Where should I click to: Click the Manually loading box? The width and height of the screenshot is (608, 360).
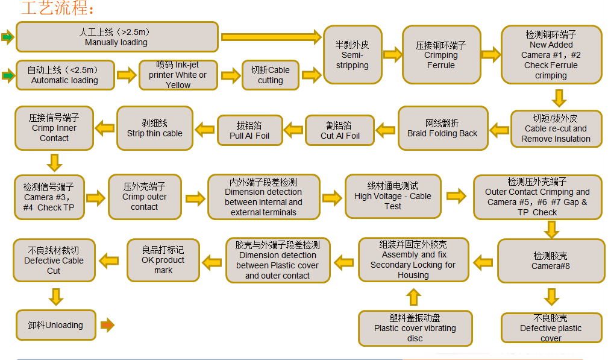pos(117,37)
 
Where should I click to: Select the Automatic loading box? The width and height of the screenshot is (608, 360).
pos(64,75)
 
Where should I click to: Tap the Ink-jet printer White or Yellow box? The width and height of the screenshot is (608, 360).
pos(178,75)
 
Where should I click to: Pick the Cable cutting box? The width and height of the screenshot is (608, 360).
pos(270,75)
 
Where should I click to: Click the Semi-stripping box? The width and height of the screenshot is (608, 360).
pos(352,55)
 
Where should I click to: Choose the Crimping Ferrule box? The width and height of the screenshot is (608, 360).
pos(440,55)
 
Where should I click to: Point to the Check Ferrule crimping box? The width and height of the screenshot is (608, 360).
pos(551,55)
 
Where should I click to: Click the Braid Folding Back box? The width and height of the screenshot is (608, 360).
pos(442,128)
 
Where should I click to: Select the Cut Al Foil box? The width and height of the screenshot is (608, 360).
pos(340,130)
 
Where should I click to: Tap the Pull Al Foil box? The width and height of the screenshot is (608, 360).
pos(249,130)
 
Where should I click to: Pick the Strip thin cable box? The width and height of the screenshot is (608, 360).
pos(154,128)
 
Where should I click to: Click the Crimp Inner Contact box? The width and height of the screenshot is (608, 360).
pos(54,128)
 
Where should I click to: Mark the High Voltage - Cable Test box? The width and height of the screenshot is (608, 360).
pos(393,196)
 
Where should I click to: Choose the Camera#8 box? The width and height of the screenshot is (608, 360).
pos(550,261)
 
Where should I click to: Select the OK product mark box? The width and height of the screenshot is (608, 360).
pos(163,261)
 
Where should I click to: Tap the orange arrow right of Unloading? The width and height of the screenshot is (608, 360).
pos(107,325)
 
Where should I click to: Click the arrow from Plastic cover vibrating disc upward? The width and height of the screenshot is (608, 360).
pos(413,297)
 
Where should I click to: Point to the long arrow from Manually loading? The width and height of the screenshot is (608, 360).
pos(271,37)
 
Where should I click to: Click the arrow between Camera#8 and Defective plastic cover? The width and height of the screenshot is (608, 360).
pos(551,297)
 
